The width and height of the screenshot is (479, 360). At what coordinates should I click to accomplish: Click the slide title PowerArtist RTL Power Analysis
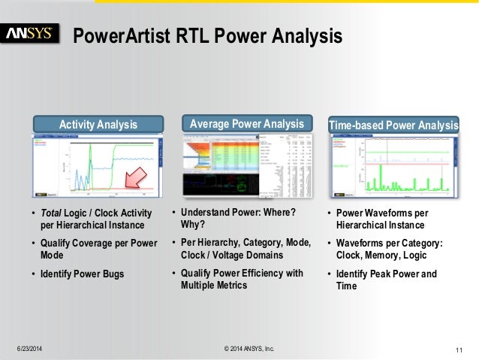pos(207,35)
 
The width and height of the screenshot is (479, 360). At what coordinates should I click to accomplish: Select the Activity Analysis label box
pos(98,124)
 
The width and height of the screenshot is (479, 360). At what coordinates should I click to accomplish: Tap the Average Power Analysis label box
pos(247,123)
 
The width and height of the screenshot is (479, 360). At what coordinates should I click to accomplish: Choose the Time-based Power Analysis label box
pos(394,124)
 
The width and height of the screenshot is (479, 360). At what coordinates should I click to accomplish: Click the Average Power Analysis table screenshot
pos(246,167)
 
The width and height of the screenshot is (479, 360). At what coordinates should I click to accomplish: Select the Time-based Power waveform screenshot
pos(393,167)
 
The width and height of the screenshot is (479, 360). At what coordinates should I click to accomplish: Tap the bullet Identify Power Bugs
pos(83,274)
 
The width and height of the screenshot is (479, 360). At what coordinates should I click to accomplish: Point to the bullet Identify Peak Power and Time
pos(386,280)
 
